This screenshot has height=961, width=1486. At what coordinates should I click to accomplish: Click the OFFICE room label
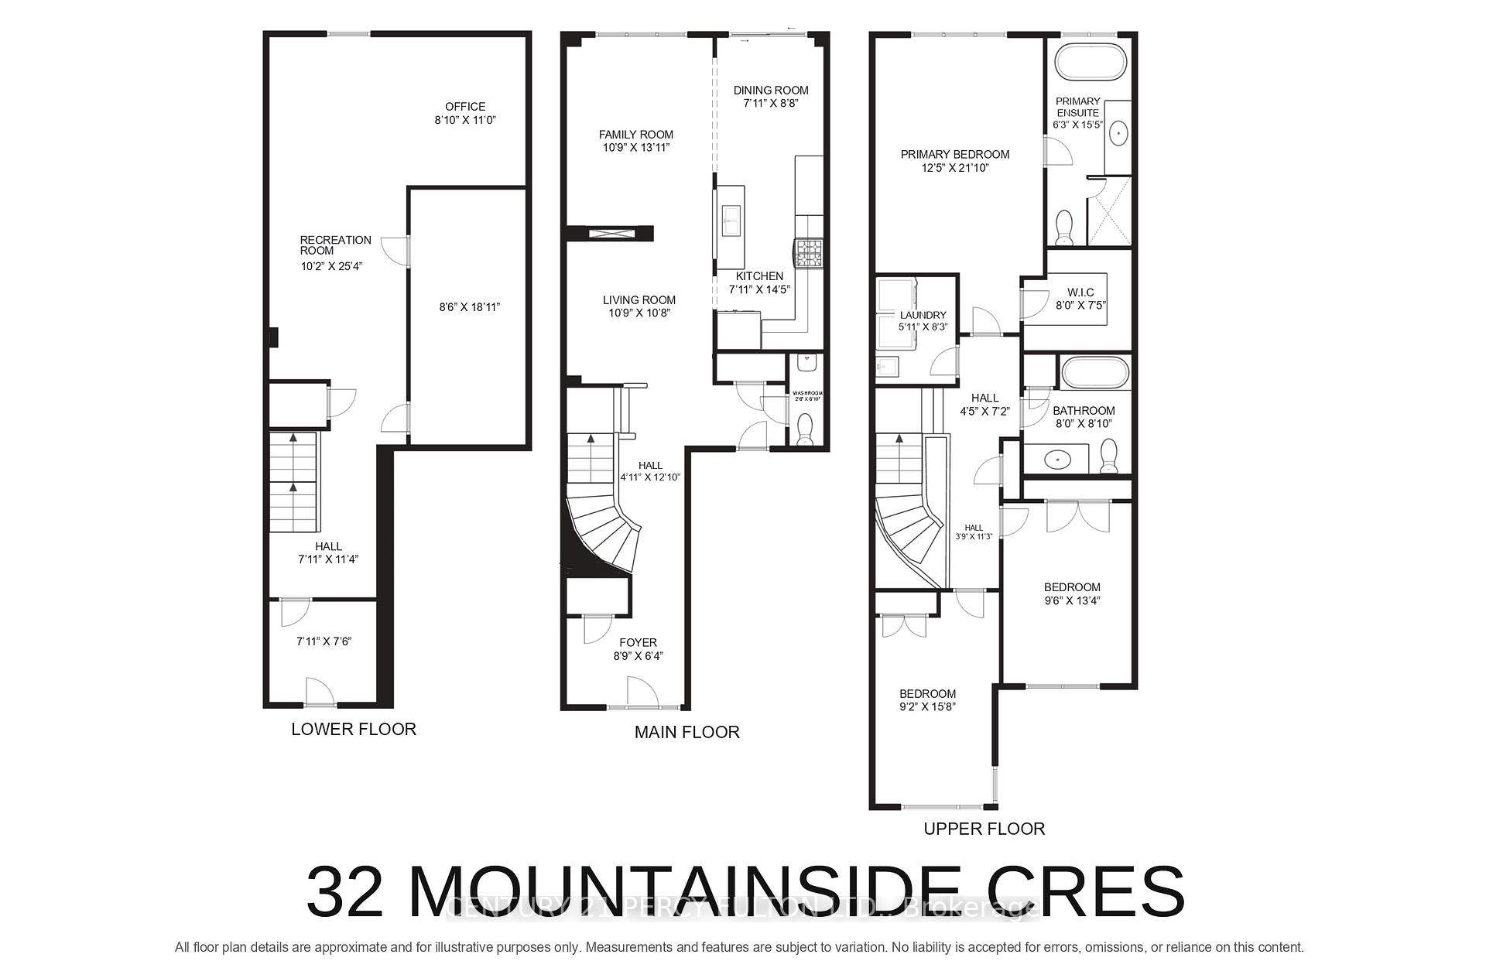464,107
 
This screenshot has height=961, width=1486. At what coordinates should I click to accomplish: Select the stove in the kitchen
809,252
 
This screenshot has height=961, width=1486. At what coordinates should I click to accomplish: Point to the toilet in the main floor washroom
805,429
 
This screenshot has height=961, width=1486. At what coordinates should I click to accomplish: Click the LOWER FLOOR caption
354,729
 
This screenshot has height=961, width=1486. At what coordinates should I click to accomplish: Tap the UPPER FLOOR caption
984,829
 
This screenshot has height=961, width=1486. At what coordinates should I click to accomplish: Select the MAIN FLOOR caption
687,732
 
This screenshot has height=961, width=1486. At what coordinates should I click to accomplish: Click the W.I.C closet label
1080,292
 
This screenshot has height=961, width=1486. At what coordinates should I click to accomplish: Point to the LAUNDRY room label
923,315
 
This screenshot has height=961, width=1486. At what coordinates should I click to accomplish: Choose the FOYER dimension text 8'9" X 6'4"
638,656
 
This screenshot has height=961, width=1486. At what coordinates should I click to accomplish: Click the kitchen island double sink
731,221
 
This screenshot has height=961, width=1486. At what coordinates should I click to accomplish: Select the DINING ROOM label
771,91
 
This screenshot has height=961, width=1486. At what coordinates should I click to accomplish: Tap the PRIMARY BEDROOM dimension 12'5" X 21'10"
955,168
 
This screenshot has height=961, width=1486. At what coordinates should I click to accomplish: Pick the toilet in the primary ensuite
1064,227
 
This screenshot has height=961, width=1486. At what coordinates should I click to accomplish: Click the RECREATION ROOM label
335,245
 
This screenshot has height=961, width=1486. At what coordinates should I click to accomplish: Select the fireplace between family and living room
611,234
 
